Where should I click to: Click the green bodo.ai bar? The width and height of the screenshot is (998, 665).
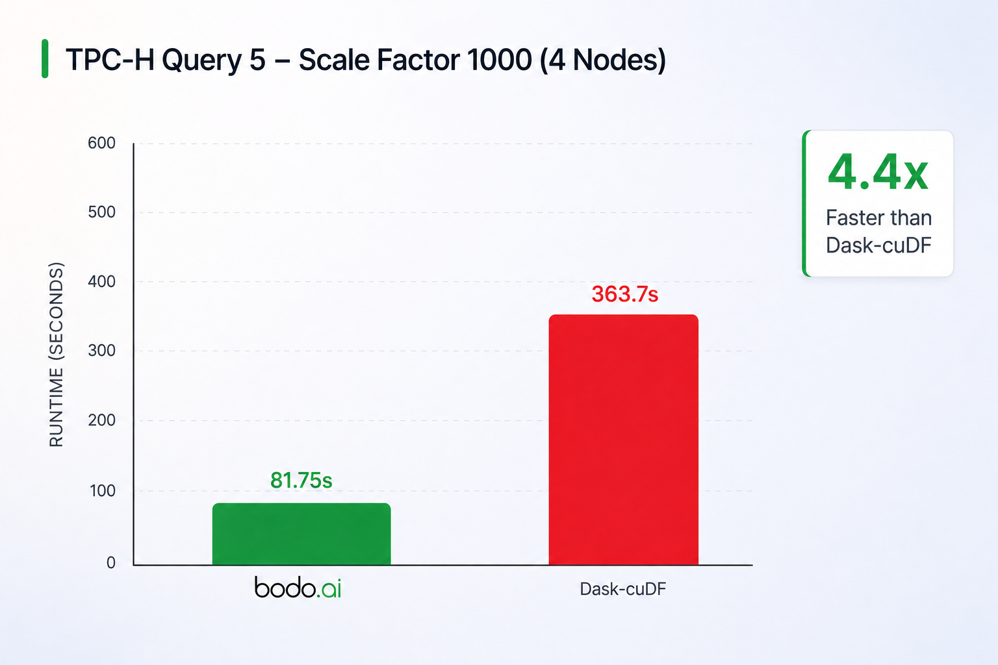tap(301, 534)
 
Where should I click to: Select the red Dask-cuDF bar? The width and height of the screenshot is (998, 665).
tap(623, 440)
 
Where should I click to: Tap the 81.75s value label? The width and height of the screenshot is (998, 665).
tap(301, 480)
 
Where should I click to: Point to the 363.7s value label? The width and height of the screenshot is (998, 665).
tap(624, 294)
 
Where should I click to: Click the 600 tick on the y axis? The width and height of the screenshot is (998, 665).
tap(101, 143)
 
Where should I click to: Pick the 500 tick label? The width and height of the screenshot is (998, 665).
tap(101, 212)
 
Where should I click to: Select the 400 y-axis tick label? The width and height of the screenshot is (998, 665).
tap(101, 281)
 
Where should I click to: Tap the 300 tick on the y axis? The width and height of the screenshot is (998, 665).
tap(101, 351)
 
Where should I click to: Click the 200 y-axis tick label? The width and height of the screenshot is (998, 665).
tap(101, 420)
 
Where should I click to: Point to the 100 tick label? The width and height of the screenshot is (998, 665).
tap(103, 491)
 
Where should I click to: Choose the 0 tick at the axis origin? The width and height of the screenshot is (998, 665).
tap(111, 562)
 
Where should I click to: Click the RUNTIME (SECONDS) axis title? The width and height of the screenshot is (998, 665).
tap(57, 355)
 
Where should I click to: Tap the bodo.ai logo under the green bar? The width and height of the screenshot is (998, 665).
tap(298, 588)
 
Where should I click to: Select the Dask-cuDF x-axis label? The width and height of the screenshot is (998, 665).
tap(623, 589)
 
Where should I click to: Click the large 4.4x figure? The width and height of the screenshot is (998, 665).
tap(878, 172)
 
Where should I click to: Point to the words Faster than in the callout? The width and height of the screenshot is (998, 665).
tap(878, 218)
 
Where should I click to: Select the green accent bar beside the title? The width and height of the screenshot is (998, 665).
tap(45, 59)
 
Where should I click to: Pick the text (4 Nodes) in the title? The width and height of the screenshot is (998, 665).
tap(603, 60)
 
